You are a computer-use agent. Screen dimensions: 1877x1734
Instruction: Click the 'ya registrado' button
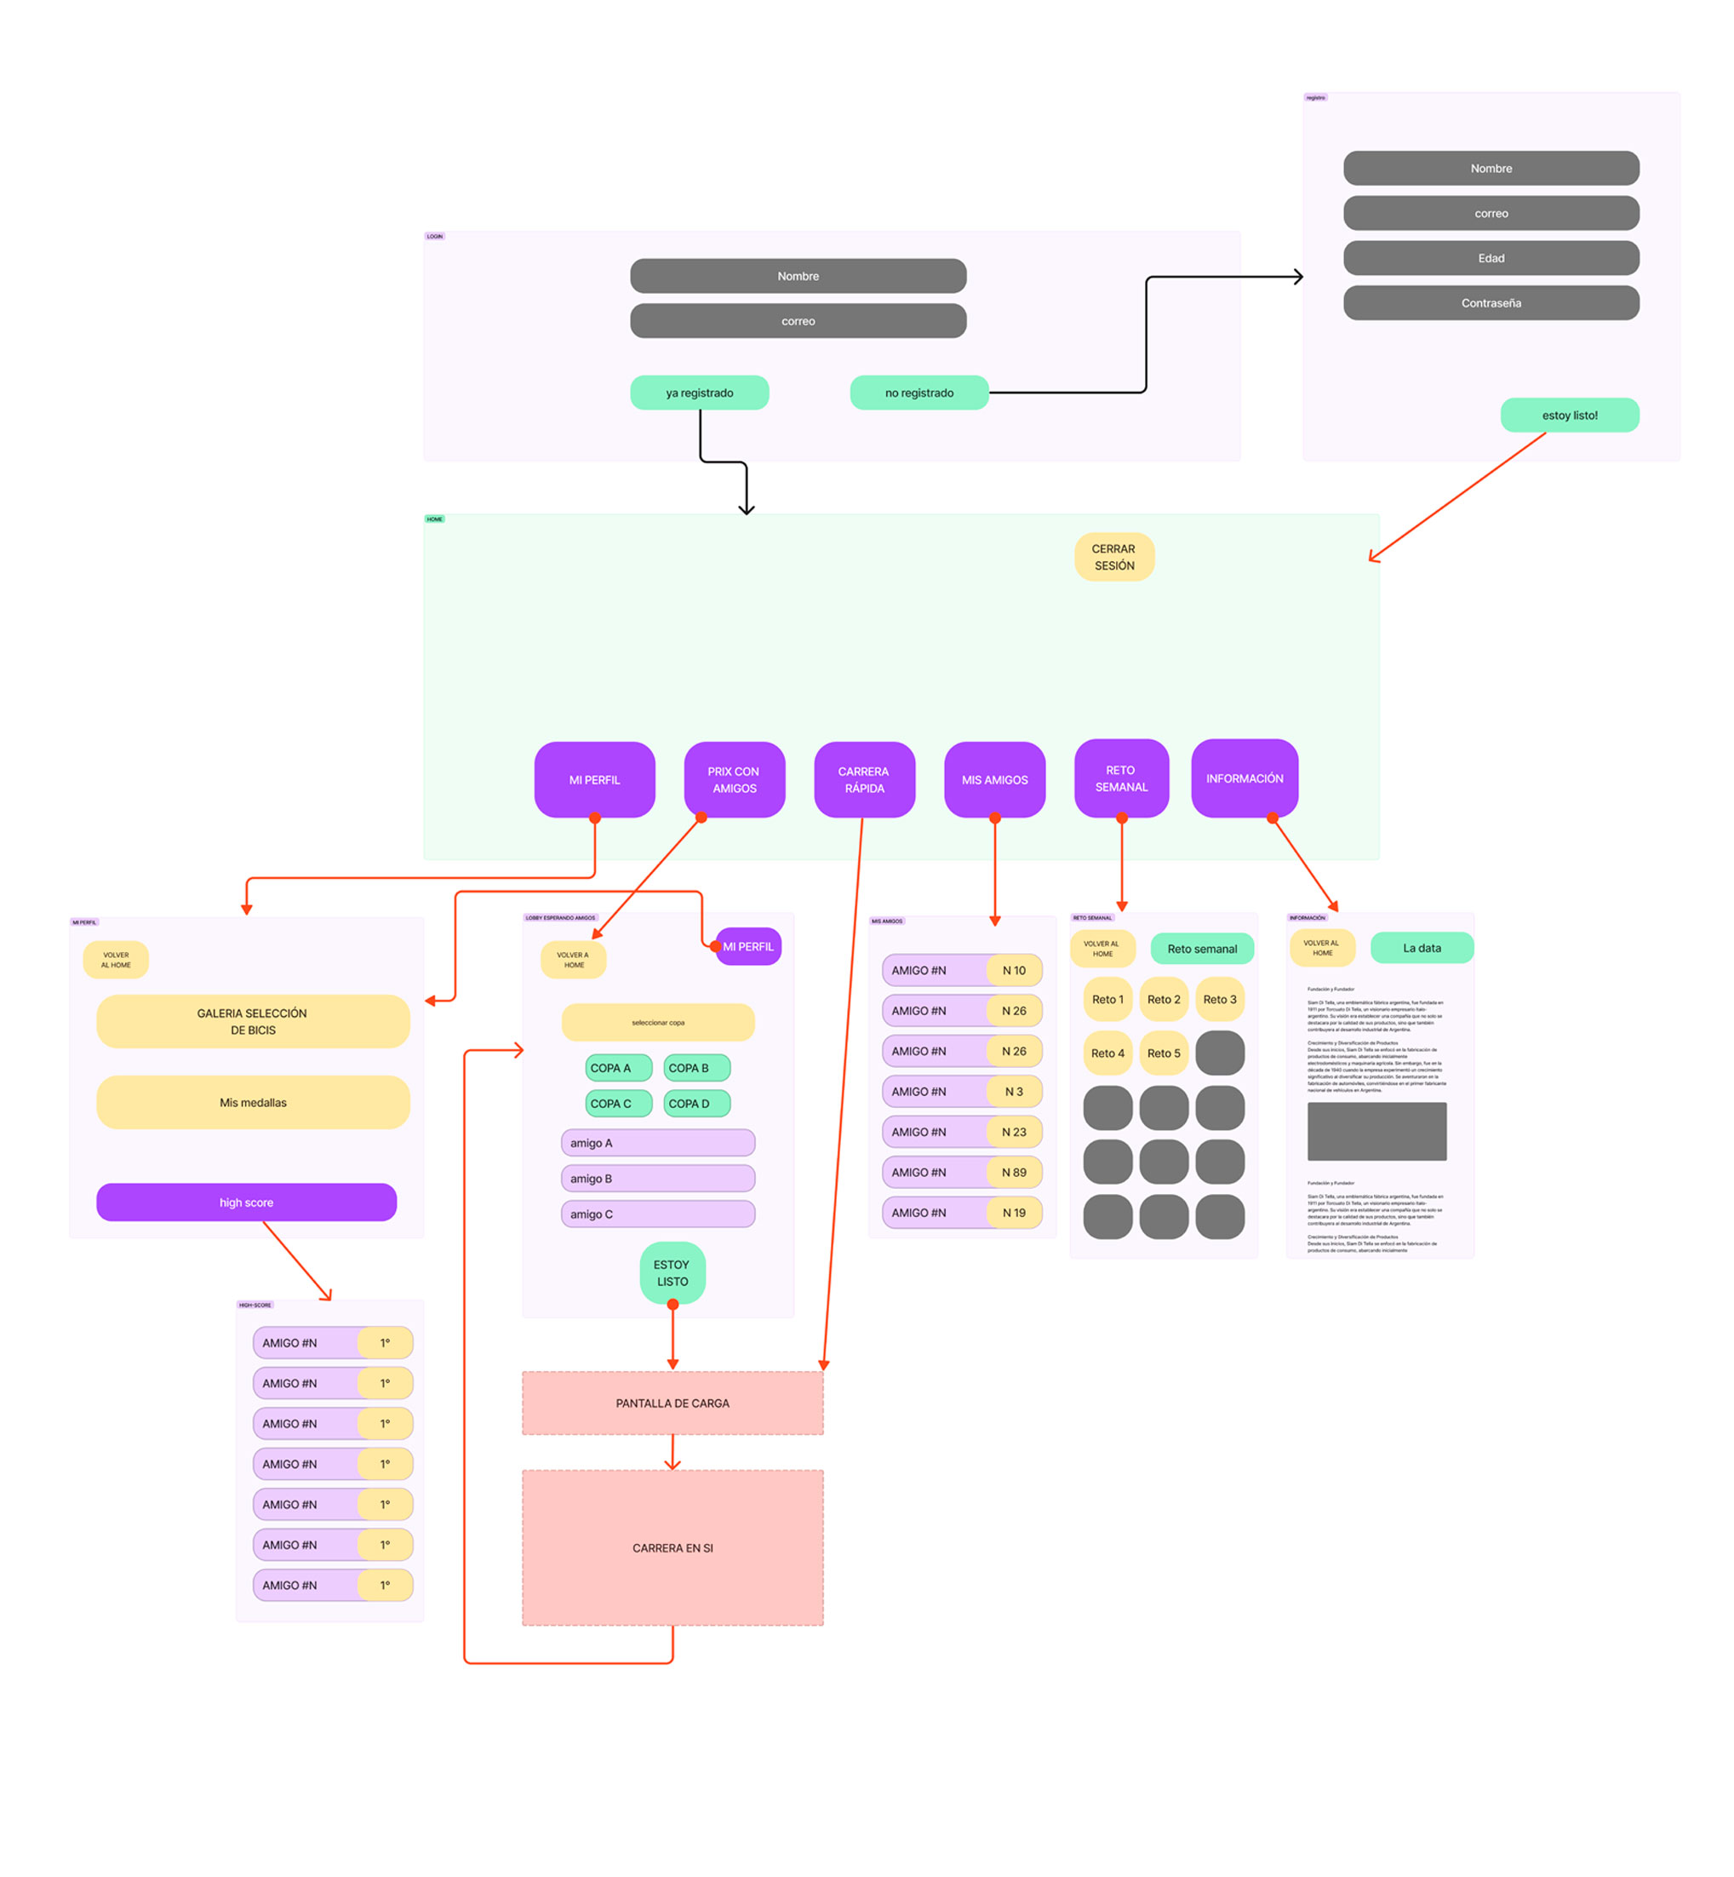coord(699,393)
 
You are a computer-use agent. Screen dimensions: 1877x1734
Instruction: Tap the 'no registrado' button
coord(919,393)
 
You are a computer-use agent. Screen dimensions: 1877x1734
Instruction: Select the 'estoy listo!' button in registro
coord(1569,415)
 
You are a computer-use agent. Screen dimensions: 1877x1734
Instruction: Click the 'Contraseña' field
coord(1490,303)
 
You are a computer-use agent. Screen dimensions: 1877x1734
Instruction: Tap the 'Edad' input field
coord(1490,258)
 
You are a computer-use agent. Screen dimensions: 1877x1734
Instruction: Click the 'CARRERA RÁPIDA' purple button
coord(863,779)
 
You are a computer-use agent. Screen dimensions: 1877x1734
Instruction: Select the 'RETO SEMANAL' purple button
coord(1120,778)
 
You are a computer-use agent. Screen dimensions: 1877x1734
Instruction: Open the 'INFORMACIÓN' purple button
coord(1245,778)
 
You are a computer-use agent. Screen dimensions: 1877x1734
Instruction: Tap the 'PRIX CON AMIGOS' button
coord(734,779)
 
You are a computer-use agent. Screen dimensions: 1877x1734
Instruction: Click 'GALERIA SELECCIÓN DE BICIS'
coord(253,1021)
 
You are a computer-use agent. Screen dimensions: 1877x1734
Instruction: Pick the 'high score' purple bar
coord(246,1202)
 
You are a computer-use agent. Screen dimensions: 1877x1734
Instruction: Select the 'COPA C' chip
coord(617,1103)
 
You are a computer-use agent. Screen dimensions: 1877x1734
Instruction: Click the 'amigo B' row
coord(657,1178)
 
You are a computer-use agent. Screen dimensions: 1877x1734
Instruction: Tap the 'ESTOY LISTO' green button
coord(672,1272)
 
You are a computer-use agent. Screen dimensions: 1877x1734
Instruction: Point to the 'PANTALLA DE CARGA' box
coord(672,1402)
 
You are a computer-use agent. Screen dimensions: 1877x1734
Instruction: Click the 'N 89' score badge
coord(1013,1171)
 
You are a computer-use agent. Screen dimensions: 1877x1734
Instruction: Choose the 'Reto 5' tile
coord(1164,1052)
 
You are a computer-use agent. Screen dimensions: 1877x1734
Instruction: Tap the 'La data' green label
coord(1421,948)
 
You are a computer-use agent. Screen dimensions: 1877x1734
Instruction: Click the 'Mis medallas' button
coord(253,1102)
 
